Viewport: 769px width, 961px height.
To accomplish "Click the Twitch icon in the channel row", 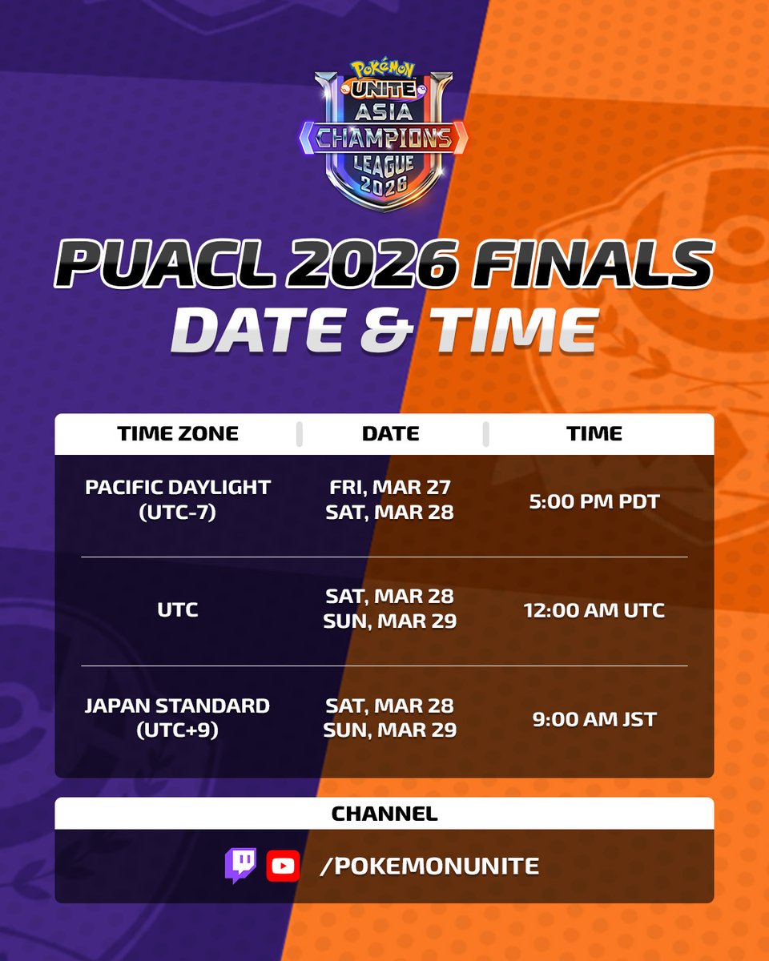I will pyautogui.click(x=240, y=865).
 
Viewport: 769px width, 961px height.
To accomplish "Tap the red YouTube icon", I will pyautogui.click(x=283, y=865).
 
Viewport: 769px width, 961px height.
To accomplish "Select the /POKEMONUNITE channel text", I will pyautogui.click(x=429, y=866).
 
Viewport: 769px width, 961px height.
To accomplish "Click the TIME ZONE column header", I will pyautogui.click(x=178, y=434).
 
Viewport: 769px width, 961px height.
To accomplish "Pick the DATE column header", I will pyautogui.click(x=391, y=434).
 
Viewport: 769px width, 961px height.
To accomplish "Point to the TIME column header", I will pyautogui.click(x=594, y=434).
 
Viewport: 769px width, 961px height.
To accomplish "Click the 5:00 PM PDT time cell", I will pyautogui.click(x=594, y=501).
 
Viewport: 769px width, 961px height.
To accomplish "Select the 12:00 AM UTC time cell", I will pyautogui.click(x=594, y=610).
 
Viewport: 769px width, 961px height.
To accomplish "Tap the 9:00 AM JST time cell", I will pyautogui.click(x=594, y=719).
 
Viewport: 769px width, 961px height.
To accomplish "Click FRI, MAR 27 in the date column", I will pyautogui.click(x=390, y=487).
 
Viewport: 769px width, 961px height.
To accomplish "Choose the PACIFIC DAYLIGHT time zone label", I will pyautogui.click(x=178, y=487).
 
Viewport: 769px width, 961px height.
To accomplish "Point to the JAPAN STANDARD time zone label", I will pyautogui.click(x=178, y=706).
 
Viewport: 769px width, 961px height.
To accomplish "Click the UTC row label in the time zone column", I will pyautogui.click(x=178, y=610).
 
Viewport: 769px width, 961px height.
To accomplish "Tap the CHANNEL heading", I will pyautogui.click(x=384, y=814).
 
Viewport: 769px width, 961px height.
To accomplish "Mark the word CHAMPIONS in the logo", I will pyautogui.click(x=384, y=139).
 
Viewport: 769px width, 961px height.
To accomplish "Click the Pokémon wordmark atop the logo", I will pyautogui.click(x=384, y=70).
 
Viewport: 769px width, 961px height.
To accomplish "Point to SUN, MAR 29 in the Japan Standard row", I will pyautogui.click(x=390, y=730).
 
